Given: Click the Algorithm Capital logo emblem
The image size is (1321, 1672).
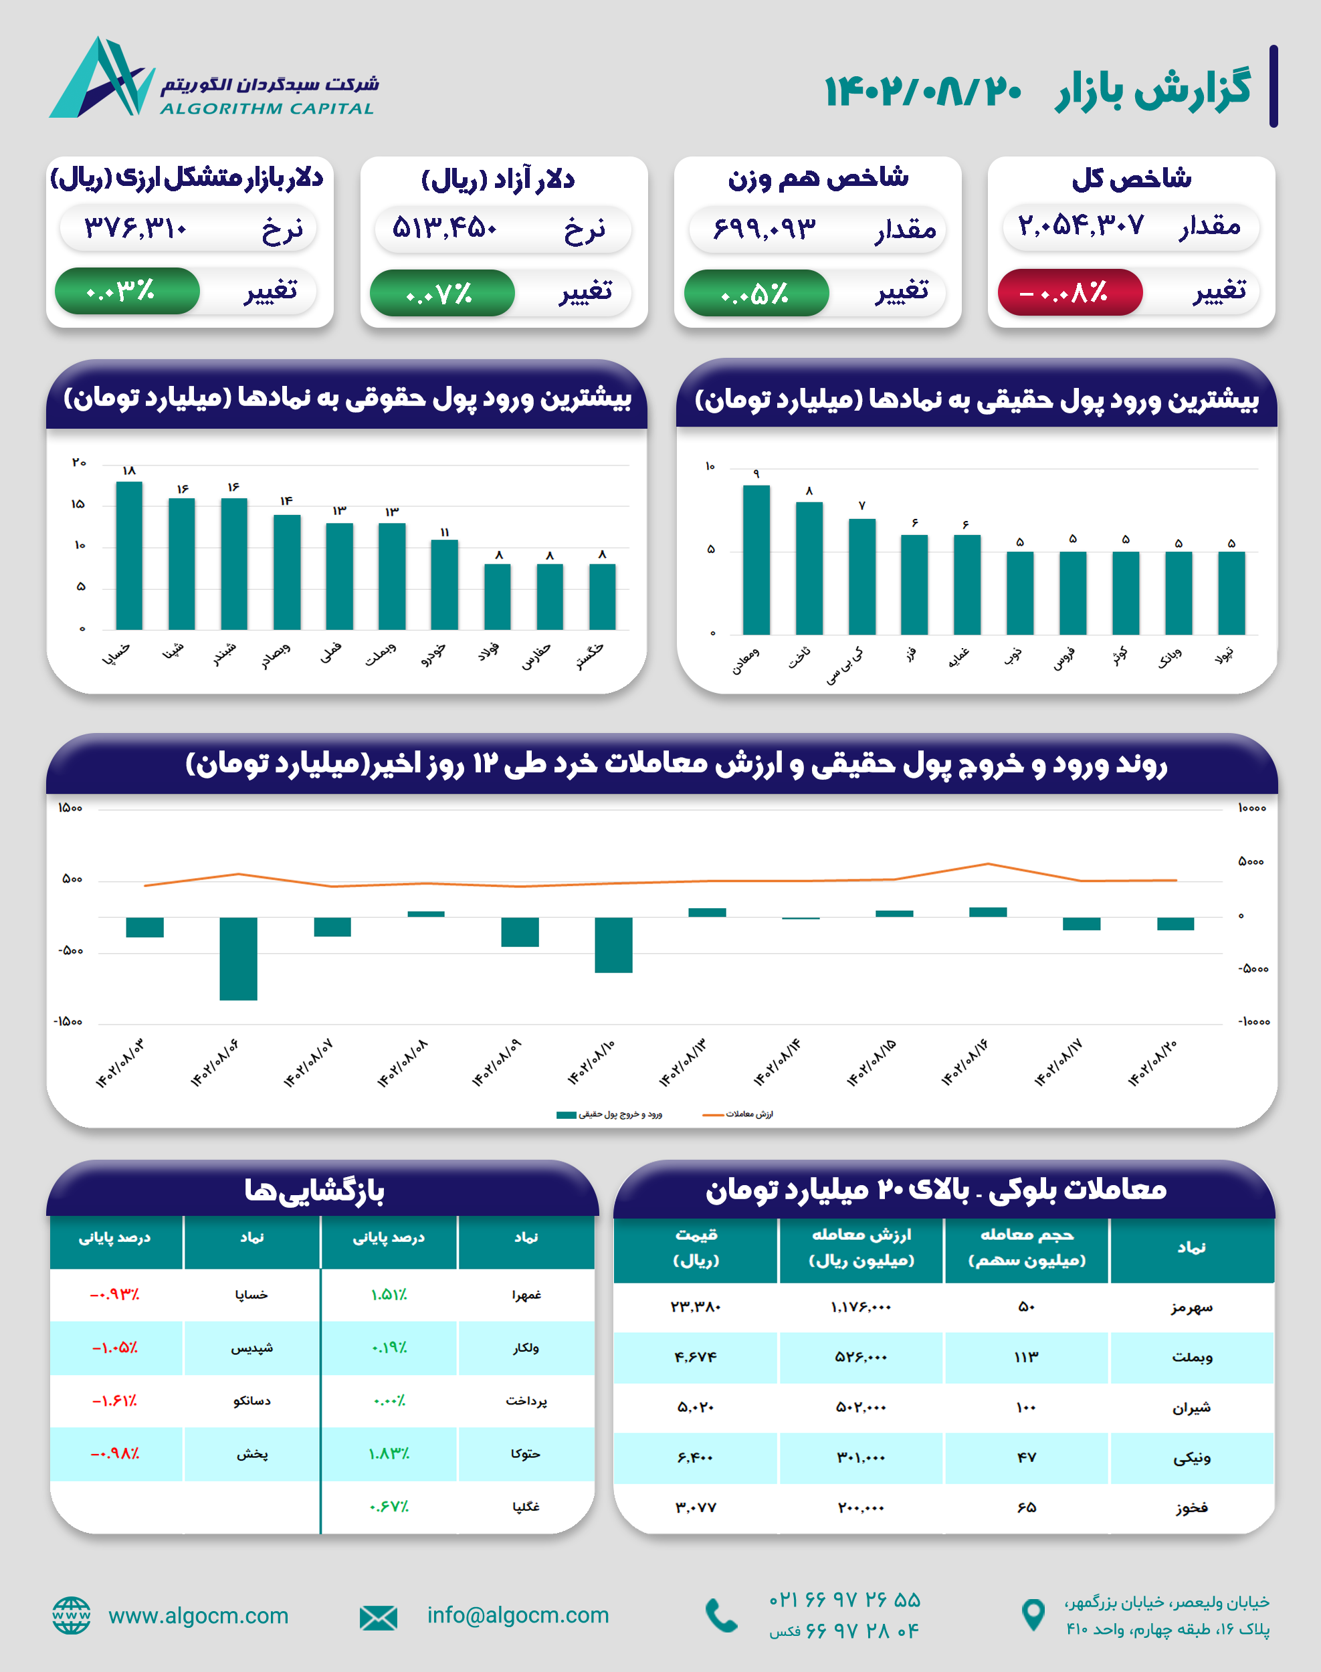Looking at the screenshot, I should click(x=100, y=78).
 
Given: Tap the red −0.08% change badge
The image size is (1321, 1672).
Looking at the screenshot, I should click(x=1070, y=292).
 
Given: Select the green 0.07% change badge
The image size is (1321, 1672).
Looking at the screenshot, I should click(x=441, y=293).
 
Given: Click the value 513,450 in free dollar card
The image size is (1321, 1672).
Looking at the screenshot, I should click(x=444, y=228).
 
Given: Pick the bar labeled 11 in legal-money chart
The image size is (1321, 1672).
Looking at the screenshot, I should click(x=444, y=585).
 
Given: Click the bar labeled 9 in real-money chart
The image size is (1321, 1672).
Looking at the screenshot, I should click(x=756, y=560).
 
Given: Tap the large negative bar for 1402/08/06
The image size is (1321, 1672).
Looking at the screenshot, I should click(x=238, y=958).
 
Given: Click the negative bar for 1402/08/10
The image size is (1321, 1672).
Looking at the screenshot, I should click(x=613, y=944).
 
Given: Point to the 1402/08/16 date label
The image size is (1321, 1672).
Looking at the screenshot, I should click(x=964, y=1063).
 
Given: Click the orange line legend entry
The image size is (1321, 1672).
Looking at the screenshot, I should click(x=738, y=1114).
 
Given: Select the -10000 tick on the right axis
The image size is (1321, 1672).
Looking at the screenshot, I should click(x=1253, y=1022).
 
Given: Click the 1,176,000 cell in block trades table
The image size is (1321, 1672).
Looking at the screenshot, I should click(x=861, y=1307).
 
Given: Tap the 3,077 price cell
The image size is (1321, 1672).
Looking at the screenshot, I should click(x=696, y=1507).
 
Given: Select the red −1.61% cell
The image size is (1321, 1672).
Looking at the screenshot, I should click(x=114, y=1400).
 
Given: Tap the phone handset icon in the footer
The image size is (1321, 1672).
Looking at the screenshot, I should click(x=721, y=1616).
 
